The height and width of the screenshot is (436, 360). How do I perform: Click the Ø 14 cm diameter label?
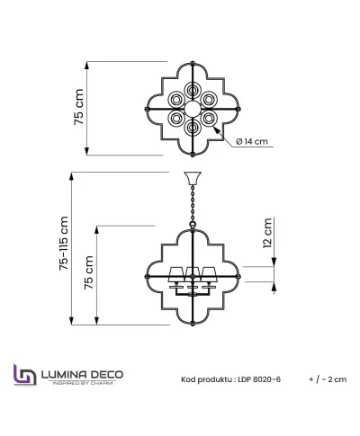pos(252,141)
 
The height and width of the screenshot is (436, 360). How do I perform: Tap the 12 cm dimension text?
pos(267,233)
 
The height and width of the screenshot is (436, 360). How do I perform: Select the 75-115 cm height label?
pos(64,243)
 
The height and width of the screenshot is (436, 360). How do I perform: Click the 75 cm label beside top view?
pos(78,107)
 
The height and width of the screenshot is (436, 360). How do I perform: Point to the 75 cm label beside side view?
pos(88,272)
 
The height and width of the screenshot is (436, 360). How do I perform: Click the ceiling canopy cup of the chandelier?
pos(193,178)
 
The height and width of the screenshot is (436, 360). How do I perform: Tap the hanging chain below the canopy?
pos(193,204)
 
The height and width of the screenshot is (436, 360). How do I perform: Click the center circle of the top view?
pos(193,109)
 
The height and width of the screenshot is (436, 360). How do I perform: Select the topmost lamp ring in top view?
pos(193,90)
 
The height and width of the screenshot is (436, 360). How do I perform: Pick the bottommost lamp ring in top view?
pos(193,128)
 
